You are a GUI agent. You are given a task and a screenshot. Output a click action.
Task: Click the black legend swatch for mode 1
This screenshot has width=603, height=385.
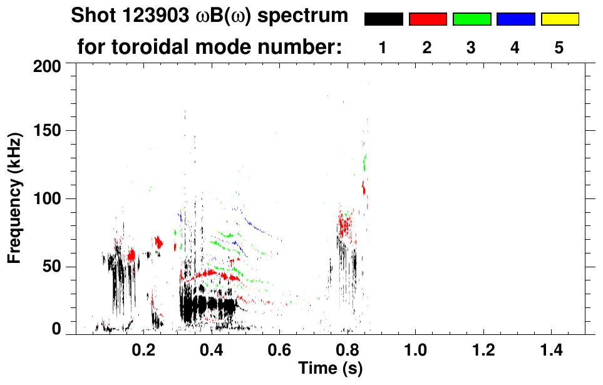point(383,19)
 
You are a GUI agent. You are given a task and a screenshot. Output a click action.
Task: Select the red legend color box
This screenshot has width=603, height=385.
point(428,19)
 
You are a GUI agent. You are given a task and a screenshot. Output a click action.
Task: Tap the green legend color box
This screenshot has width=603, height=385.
point(472,19)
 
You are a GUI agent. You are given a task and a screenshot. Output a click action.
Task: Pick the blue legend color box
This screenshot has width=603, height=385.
point(515,19)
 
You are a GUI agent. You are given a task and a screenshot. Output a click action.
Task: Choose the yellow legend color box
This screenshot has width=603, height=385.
point(559,19)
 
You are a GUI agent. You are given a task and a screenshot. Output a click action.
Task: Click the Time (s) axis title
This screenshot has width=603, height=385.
point(329,369)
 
